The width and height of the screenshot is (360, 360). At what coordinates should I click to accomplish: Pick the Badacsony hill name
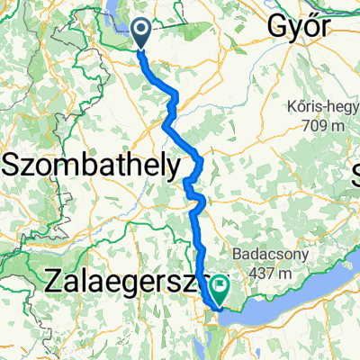269,256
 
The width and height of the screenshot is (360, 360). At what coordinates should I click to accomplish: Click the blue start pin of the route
142,33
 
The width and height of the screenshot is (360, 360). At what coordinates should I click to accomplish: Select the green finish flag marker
219,287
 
